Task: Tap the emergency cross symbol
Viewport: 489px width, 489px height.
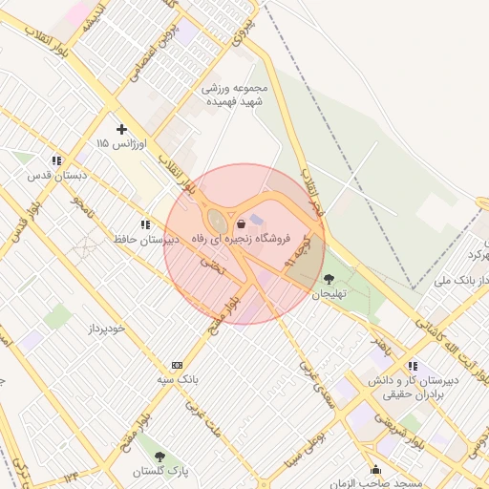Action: [x=121, y=128]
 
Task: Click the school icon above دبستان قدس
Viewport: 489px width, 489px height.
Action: [x=57, y=160]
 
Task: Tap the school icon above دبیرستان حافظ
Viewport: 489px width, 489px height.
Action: [x=144, y=224]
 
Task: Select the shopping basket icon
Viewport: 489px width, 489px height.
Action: [x=241, y=223]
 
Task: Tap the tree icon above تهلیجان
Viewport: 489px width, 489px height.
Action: [x=330, y=279]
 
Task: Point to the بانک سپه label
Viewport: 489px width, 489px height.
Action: [x=177, y=379]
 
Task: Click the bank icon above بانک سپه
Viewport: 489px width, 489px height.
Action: [x=177, y=365]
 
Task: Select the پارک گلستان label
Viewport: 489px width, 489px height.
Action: [x=159, y=472]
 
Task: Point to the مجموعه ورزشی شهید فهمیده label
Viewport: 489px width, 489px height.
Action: [x=235, y=95]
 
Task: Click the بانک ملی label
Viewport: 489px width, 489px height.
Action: [x=454, y=281]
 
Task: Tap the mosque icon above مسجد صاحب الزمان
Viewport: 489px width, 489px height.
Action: [x=375, y=470]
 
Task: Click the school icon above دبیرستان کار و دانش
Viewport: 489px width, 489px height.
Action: [x=412, y=366]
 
